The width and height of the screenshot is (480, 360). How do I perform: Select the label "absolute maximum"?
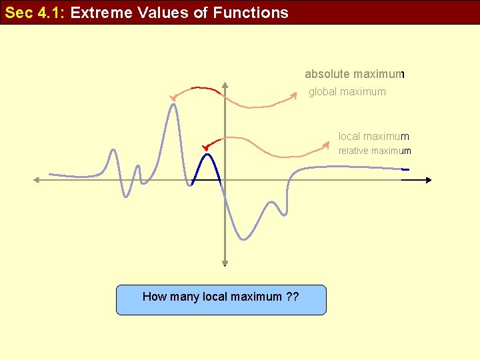(x=355, y=74)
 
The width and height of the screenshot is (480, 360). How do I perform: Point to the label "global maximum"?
(x=347, y=92)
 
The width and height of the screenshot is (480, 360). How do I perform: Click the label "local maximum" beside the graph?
(x=373, y=137)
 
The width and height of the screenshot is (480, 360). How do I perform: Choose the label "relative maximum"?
(x=375, y=151)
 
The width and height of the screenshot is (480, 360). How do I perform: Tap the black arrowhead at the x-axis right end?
(x=428, y=180)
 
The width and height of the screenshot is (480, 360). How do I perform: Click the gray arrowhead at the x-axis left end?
(x=37, y=179)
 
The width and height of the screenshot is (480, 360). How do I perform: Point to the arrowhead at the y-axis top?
(x=225, y=85)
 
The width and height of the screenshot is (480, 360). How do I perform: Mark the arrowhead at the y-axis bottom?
(x=225, y=263)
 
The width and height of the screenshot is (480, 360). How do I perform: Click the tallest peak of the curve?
(x=174, y=105)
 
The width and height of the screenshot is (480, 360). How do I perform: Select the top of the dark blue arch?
(x=207, y=155)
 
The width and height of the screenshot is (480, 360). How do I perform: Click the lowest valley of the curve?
(x=243, y=238)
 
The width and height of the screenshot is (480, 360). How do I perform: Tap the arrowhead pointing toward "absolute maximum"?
(x=294, y=96)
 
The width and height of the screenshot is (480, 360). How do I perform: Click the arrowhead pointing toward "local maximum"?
(x=327, y=143)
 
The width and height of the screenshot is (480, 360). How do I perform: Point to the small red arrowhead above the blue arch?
(x=205, y=147)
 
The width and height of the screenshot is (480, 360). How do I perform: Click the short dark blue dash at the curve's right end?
(x=405, y=170)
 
